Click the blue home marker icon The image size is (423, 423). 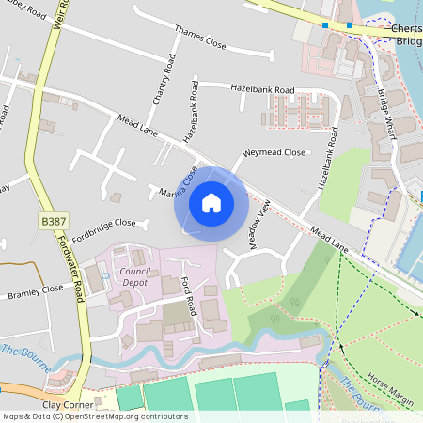click(x=211, y=202)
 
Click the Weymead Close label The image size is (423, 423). click(x=274, y=151)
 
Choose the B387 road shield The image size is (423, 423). click(x=54, y=220)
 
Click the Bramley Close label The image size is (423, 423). click(x=35, y=294)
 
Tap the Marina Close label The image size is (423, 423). click(x=179, y=181)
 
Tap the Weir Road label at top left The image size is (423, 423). click(x=63, y=14)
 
